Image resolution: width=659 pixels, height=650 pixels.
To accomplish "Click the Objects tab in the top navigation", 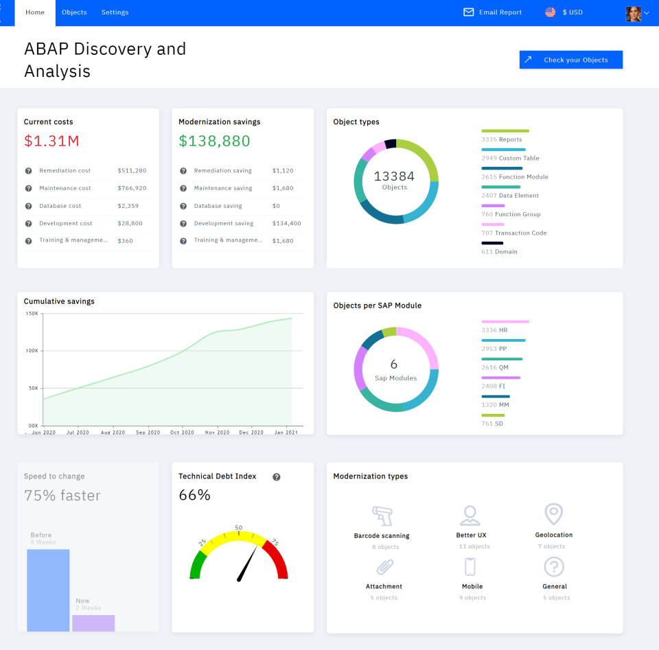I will click(x=74, y=12).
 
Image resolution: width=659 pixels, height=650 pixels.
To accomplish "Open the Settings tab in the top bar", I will click(x=115, y=12).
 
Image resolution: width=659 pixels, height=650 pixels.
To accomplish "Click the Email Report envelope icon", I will click(x=469, y=12).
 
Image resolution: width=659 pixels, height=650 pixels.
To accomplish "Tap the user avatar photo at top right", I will click(x=633, y=13).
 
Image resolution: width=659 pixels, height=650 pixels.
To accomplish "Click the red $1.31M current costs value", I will click(x=51, y=141).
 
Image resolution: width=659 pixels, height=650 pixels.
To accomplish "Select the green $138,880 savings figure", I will click(x=214, y=141).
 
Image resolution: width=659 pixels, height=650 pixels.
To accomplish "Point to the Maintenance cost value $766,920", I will click(x=132, y=188).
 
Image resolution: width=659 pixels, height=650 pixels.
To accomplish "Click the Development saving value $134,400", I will click(x=286, y=223).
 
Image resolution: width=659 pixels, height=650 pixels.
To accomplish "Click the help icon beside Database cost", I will click(x=29, y=206).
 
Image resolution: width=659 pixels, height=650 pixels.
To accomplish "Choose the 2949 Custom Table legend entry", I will click(x=510, y=158).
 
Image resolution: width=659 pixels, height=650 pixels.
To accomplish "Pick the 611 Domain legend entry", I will click(x=499, y=252).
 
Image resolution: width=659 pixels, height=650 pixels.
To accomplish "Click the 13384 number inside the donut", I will click(x=394, y=176).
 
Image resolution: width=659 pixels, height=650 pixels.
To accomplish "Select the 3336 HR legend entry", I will click(x=494, y=330).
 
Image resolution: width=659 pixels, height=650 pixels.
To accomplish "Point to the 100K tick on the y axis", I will click(x=32, y=351).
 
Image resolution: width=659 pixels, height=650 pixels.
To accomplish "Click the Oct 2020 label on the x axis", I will click(x=183, y=432).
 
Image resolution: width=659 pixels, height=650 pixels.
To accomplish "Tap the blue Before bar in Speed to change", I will click(x=48, y=590).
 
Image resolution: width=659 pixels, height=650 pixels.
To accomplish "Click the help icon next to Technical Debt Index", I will click(x=277, y=477).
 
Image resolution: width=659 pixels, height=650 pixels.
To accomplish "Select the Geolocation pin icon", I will click(x=553, y=514).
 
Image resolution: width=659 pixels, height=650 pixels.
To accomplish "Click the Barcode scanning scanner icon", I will click(x=382, y=515).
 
